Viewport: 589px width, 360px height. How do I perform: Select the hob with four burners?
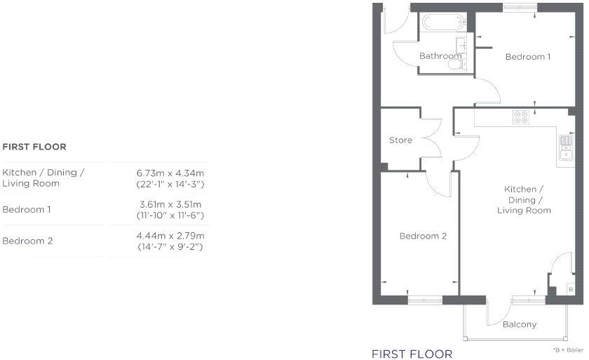click(x=520, y=118)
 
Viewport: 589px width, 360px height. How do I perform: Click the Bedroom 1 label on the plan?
click(x=528, y=57)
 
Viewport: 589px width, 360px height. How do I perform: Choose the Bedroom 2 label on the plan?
click(x=423, y=236)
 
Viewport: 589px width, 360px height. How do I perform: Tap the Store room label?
click(x=400, y=140)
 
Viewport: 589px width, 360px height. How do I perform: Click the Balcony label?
click(x=520, y=324)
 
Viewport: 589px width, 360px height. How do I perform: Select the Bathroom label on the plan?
click(x=440, y=56)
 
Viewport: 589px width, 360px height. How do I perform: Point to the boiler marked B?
click(x=571, y=289)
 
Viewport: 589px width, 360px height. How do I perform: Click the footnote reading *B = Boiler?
click(x=568, y=349)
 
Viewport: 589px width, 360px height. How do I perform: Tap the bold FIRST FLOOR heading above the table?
click(x=34, y=147)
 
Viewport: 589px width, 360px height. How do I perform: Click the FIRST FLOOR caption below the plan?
click(x=412, y=353)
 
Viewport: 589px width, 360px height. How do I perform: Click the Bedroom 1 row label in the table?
click(x=27, y=210)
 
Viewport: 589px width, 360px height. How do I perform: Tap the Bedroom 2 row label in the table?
click(x=27, y=241)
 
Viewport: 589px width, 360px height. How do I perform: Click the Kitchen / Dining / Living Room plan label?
click(x=524, y=200)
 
